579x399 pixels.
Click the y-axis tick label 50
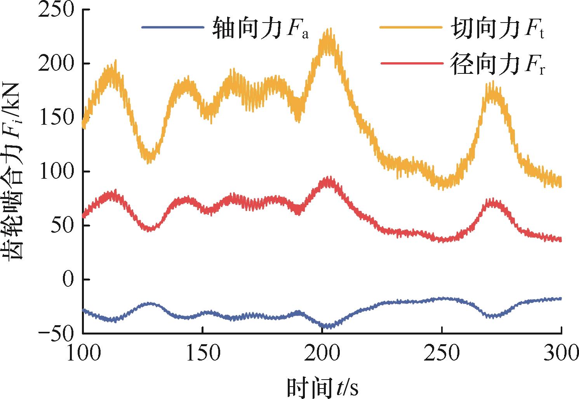pyautogui.click(x=62, y=226)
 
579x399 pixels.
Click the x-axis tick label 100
pyautogui.click(x=83, y=353)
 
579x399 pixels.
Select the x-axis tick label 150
pyautogui.click(x=203, y=353)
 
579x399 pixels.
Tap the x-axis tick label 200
pyautogui.click(x=322, y=353)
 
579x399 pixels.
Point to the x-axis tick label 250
pyautogui.click(x=442, y=353)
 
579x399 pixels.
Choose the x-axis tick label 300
pyautogui.click(x=561, y=353)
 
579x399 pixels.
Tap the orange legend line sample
pyautogui.click(x=411, y=28)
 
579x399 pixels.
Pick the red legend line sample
pyautogui.click(x=411, y=63)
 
